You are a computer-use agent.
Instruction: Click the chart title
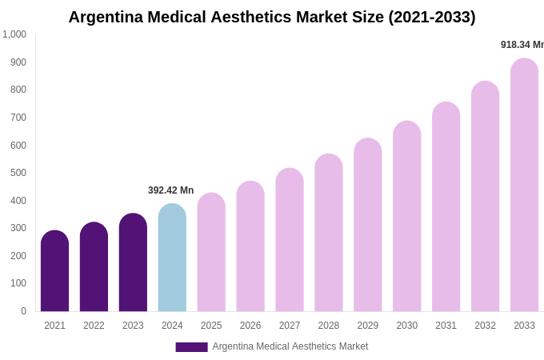[x=271, y=17]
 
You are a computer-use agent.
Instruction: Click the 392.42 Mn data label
[x=170, y=190]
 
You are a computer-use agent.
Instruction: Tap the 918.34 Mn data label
[x=522, y=45]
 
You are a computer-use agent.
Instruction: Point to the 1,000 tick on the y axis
[x=14, y=34]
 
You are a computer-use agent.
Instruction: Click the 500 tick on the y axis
[x=18, y=173]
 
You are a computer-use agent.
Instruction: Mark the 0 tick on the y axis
[x=23, y=311]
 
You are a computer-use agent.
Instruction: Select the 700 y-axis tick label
[x=18, y=118]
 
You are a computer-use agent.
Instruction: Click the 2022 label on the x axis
[x=94, y=326]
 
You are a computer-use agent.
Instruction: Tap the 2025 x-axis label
[x=211, y=326]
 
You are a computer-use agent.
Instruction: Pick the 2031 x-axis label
[x=446, y=326]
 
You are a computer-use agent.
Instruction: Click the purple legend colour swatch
[x=191, y=347]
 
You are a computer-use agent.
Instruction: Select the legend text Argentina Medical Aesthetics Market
[x=290, y=346]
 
